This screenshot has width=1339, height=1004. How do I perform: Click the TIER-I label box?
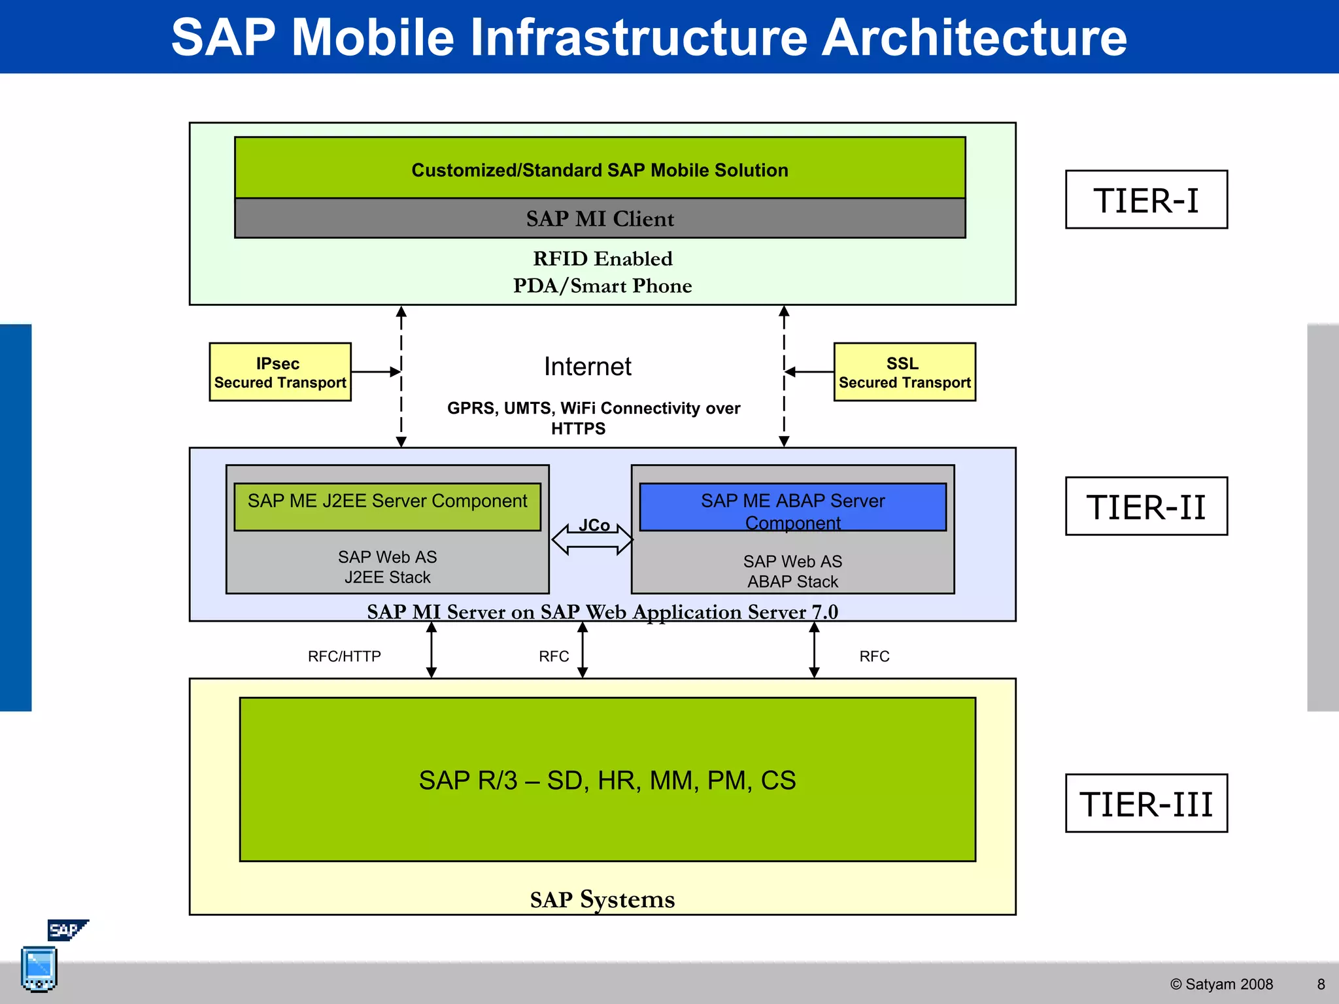pyautogui.click(x=1146, y=199)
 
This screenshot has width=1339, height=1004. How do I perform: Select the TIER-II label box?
pyautogui.click(x=1146, y=506)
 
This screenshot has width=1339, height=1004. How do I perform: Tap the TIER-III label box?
pyautogui.click(x=1146, y=803)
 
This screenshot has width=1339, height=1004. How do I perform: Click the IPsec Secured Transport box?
pyautogui.click(x=280, y=372)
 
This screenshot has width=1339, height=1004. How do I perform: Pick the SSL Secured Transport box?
pyautogui.click(x=905, y=372)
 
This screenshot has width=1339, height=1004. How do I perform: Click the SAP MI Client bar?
pyautogui.click(x=600, y=218)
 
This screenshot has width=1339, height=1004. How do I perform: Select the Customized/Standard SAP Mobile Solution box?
pyautogui.click(x=600, y=168)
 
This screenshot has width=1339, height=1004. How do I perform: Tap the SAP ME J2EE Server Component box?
pyautogui.click(x=387, y=507)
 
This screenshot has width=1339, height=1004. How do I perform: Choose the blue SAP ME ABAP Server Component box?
pyautogui.click(x=792, y=507)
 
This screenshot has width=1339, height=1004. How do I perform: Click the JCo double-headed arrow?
pyautogui.click(x=592, y=539)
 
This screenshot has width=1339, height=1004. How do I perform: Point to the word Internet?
pyautogui.click(x=588, y=367)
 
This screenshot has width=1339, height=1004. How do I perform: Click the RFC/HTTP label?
pyautogui.click(x=345, y=656)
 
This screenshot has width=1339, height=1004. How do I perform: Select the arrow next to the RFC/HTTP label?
pyautogui.click(x=432, y=650)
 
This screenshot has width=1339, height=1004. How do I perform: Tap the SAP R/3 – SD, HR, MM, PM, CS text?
pyautogui.click(x=607, y=780)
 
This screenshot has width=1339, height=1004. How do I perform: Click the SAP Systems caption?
pyautogui.click(x=602, y=899)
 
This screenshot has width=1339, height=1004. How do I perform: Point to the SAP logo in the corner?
pyautogui.click(x=67, y=929)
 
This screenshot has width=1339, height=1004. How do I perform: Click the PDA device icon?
pyautogui.click(x=39, y=969)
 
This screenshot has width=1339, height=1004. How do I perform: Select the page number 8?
pyautogui.click(x=1321, y=984)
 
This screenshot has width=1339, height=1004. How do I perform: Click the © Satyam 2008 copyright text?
pyautogui.click(x=1221, y=984)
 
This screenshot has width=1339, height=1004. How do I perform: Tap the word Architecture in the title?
pyautogui.click(x=974, y=37)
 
